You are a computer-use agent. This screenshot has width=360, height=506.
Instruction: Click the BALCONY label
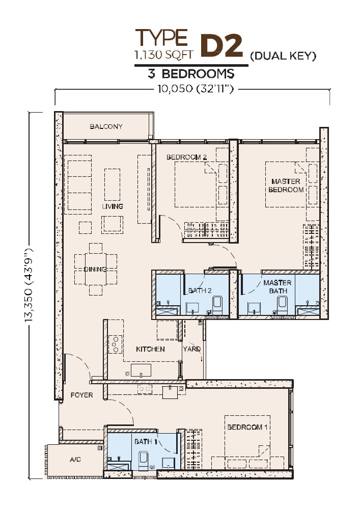point(106,126)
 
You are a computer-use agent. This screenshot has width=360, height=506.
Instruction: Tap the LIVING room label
point(113,206)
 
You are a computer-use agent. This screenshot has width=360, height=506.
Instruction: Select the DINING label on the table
point(95,269)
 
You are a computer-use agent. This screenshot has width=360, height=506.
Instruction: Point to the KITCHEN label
point(150,349)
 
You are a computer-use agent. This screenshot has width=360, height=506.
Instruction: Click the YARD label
point(192,349)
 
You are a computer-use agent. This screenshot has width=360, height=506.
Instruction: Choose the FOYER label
point(81,395)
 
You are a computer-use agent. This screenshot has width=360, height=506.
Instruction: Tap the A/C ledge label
point(75,459)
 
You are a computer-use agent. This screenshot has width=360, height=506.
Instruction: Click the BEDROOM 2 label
point(186,157)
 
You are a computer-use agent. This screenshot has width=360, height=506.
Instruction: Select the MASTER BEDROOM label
point(286,185)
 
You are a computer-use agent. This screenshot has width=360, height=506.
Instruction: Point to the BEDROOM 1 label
point(247,427)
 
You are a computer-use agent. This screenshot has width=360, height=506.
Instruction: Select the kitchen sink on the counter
point(141,370)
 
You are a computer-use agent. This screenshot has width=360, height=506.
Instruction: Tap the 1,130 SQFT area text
point(164,55)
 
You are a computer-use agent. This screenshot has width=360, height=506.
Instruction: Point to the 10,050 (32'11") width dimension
point(195,89)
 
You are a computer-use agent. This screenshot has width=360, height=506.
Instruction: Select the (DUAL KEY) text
point(283,56)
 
